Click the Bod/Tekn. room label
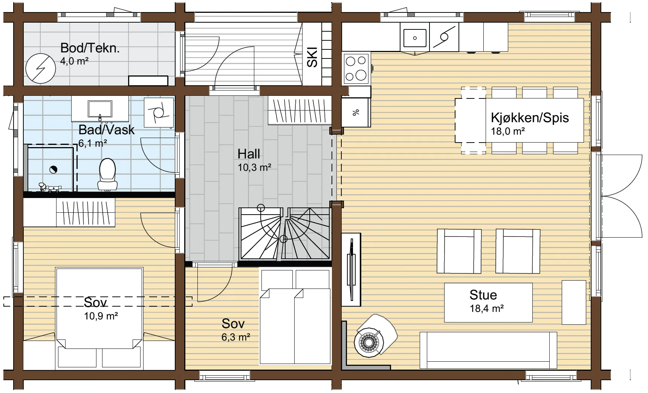pyautogui.click(x=90, y=48)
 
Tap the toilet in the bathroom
pyautogui.click(x=107, y=174)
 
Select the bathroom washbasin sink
pyautogui.click(x=100, y=108)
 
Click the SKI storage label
pyautogui.click(x=312, y=57)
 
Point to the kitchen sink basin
pyautogui.click(x=415, y=38)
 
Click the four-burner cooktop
pyautogui.click(x=356, y=68)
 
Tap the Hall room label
pyautogui.click(x=249, y=154)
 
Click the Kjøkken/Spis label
pyautogui.click(x=530, y=118)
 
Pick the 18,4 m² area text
pyautogui.click(x=487, y=309)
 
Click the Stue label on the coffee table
pyautogui.click(x=483, y=295)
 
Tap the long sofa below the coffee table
pyautogui.click(x=488, y=350)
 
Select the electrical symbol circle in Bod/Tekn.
pyautogui.click(x=41, y=68)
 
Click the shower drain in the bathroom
pyautogui.click(x=53, y=170)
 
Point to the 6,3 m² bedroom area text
pyautogui.click(x=236, y=337)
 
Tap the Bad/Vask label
pyautogui.click(x=107, y=129)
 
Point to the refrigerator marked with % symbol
pyautogui.click(x=356, y=112)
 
